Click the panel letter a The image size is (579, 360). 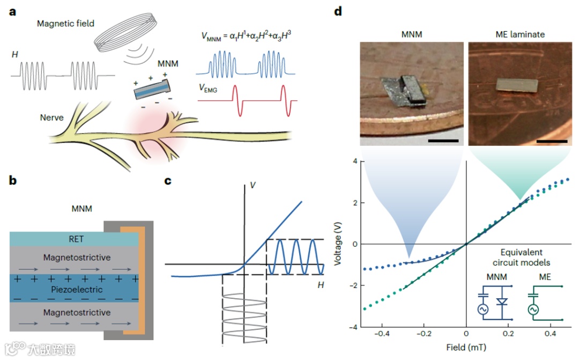pyautogui.click(x=12, y=11)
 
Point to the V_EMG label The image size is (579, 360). pyautogui.click(x=207, y=90)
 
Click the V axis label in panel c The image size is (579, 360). pyautogui.click(x=252, y=186)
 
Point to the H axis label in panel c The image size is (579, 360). pyautogui.click(x=321, y=285)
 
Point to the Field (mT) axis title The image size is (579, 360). pyautogui.click(x=466, y=347)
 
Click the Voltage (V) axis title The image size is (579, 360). pyautogui.click(x=338, y=244)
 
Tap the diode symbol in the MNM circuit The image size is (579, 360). pyautogui.click(x=502, y=302)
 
